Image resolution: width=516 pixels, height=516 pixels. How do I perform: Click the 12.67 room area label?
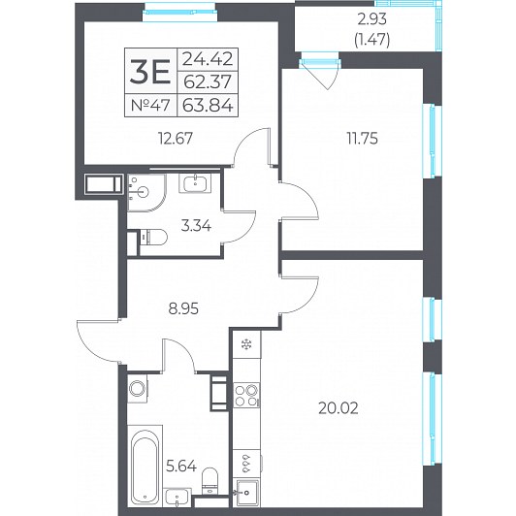176,139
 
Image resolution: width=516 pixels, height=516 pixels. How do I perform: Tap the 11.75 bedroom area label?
363,139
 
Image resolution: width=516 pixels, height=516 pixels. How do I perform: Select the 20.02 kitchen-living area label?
339,408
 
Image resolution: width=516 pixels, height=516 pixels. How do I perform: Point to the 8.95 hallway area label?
183,309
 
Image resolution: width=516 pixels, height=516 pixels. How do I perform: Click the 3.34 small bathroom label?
196,226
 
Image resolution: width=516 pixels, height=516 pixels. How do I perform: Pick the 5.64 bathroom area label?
181,466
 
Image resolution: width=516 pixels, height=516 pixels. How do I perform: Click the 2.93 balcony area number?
372,19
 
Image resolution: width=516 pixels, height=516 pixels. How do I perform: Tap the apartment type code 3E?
150,72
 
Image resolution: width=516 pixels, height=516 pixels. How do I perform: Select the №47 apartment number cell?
150,106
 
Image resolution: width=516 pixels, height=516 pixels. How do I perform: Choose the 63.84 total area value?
208,106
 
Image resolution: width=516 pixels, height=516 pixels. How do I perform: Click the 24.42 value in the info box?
208,59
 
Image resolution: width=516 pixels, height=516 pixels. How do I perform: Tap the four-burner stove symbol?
246,395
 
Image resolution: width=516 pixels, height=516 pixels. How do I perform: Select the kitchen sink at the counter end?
245,493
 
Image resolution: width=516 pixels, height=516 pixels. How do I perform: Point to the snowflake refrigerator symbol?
246,344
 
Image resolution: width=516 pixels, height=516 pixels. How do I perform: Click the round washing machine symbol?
137,389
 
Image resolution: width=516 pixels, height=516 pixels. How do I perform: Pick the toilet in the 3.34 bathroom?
153,237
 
